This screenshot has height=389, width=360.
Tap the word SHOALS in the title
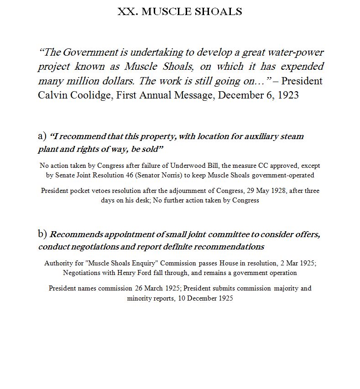coord(221,11)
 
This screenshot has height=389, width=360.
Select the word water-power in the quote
coord(297,52)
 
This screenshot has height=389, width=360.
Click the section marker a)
coord(42,136)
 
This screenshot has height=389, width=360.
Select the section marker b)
coord(42,234)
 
